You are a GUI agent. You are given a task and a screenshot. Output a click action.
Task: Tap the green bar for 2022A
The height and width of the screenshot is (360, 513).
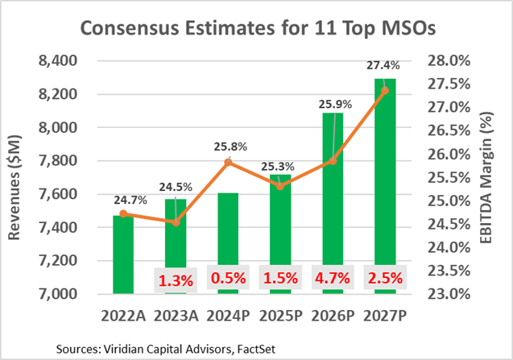(x=122, y=254)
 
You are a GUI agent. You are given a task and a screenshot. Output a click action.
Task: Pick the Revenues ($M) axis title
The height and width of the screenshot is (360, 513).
(x=18, y=176)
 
